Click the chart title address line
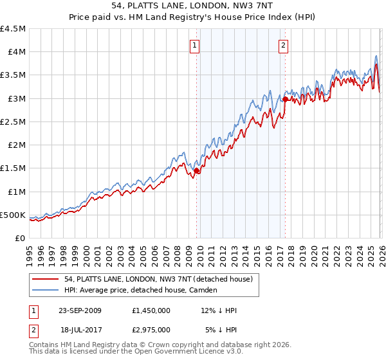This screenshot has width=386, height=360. click(x=193, y=6)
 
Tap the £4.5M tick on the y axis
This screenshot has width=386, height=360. click(x=14, y=29)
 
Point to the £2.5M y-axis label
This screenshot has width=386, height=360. click(x=14, y=122)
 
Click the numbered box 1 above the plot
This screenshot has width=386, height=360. click(x=195, y=45)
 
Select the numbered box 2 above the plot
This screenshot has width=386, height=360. click(x=284, y=45)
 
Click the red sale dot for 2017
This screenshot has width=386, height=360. click(x=285, y=99)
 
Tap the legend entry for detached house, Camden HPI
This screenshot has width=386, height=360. click(x=141, y=290)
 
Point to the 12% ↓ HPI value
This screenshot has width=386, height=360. click(x=218, y=310)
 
